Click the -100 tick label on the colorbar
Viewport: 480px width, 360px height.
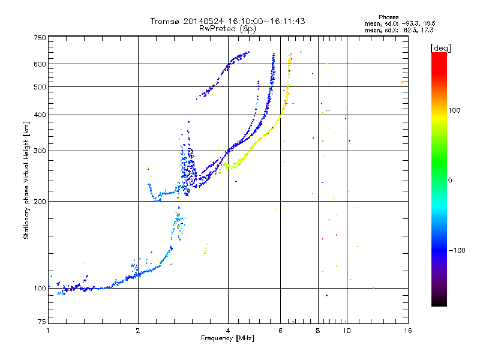[x=456, y=250]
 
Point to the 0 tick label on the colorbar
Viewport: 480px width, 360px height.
[x=450, y=180]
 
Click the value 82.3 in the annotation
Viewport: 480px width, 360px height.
[x=406, y=29]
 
